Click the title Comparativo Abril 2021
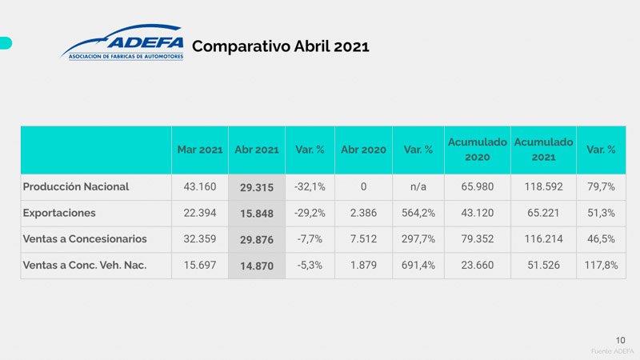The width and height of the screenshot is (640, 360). tap(281, 46)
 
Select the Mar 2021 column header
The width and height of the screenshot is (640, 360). tap(200, 150)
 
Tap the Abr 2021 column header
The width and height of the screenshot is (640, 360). tap(257, 150)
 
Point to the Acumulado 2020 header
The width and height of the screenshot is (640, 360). tap(477, 150)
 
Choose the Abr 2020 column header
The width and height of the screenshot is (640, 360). tap(363, 150)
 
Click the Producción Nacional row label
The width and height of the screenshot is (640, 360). tap(76, 187)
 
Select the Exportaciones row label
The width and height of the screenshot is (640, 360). tap(60, 214)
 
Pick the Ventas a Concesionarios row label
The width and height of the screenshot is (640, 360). tap(85, 239)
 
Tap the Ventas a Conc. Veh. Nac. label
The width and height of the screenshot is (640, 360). tap(87, 265)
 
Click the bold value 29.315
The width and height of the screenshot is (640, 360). tap(257, 188)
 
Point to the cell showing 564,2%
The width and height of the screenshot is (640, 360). tap(418, 214)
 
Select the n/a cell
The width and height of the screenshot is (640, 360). tap(418, 187)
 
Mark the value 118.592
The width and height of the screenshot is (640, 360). tap(543, 187)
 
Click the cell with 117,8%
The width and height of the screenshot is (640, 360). tap(601, 265)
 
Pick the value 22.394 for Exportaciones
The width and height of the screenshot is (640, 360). tap(200, 214)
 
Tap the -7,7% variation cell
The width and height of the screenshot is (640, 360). tap(310, 239)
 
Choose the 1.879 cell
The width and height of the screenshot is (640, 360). tap(363, 265)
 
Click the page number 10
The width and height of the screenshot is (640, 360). tap(621, 339)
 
